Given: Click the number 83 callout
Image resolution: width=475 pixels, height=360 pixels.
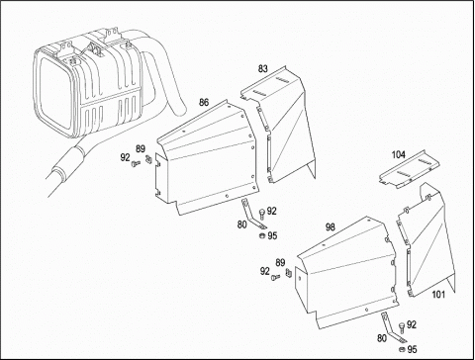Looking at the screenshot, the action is [x=263, y=69].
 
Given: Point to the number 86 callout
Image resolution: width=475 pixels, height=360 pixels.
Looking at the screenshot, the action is [x=204, y=102].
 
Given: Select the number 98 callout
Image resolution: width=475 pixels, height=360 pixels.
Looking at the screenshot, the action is [x=331, y=226].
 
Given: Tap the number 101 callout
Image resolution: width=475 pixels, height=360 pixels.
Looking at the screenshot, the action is [x=438, y=295].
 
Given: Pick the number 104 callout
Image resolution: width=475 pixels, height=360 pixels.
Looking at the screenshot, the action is [x=399, y=154].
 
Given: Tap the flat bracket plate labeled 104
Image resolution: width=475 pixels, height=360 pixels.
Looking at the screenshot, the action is [x=409, y=170].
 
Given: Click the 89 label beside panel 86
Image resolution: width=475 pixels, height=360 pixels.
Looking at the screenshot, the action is [x=141, y=149].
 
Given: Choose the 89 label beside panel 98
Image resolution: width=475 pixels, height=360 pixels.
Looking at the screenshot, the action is [x=280, y=263].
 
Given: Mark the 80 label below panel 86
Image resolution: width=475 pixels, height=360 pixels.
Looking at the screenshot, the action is [x=241, y=225].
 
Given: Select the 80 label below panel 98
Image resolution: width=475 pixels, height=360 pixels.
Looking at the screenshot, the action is [x=382, y=338].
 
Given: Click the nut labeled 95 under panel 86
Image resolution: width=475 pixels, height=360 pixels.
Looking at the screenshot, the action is [x=261, y=235].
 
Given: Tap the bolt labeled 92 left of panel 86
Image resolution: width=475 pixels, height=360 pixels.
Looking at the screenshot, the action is [x=136, y=163].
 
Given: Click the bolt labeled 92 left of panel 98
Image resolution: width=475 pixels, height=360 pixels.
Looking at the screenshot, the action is [x=275, y=278].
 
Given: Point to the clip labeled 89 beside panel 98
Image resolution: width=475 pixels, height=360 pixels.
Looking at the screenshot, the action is [x=288, y=273].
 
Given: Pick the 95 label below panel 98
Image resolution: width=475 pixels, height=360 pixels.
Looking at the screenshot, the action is [x=412, y=349].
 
